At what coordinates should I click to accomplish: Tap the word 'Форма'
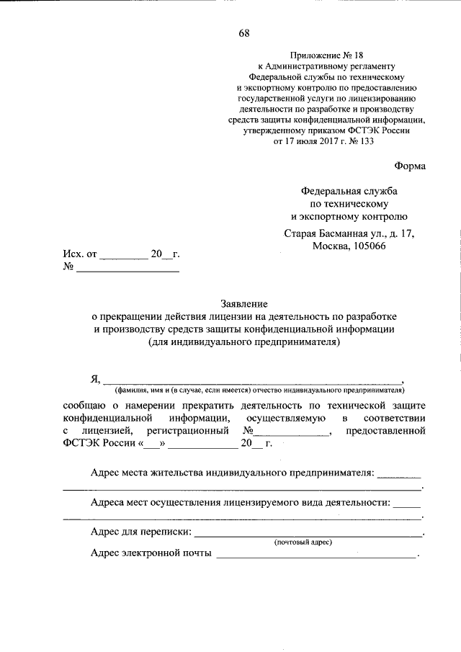(410, 166)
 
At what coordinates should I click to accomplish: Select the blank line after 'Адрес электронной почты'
(315, 554)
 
